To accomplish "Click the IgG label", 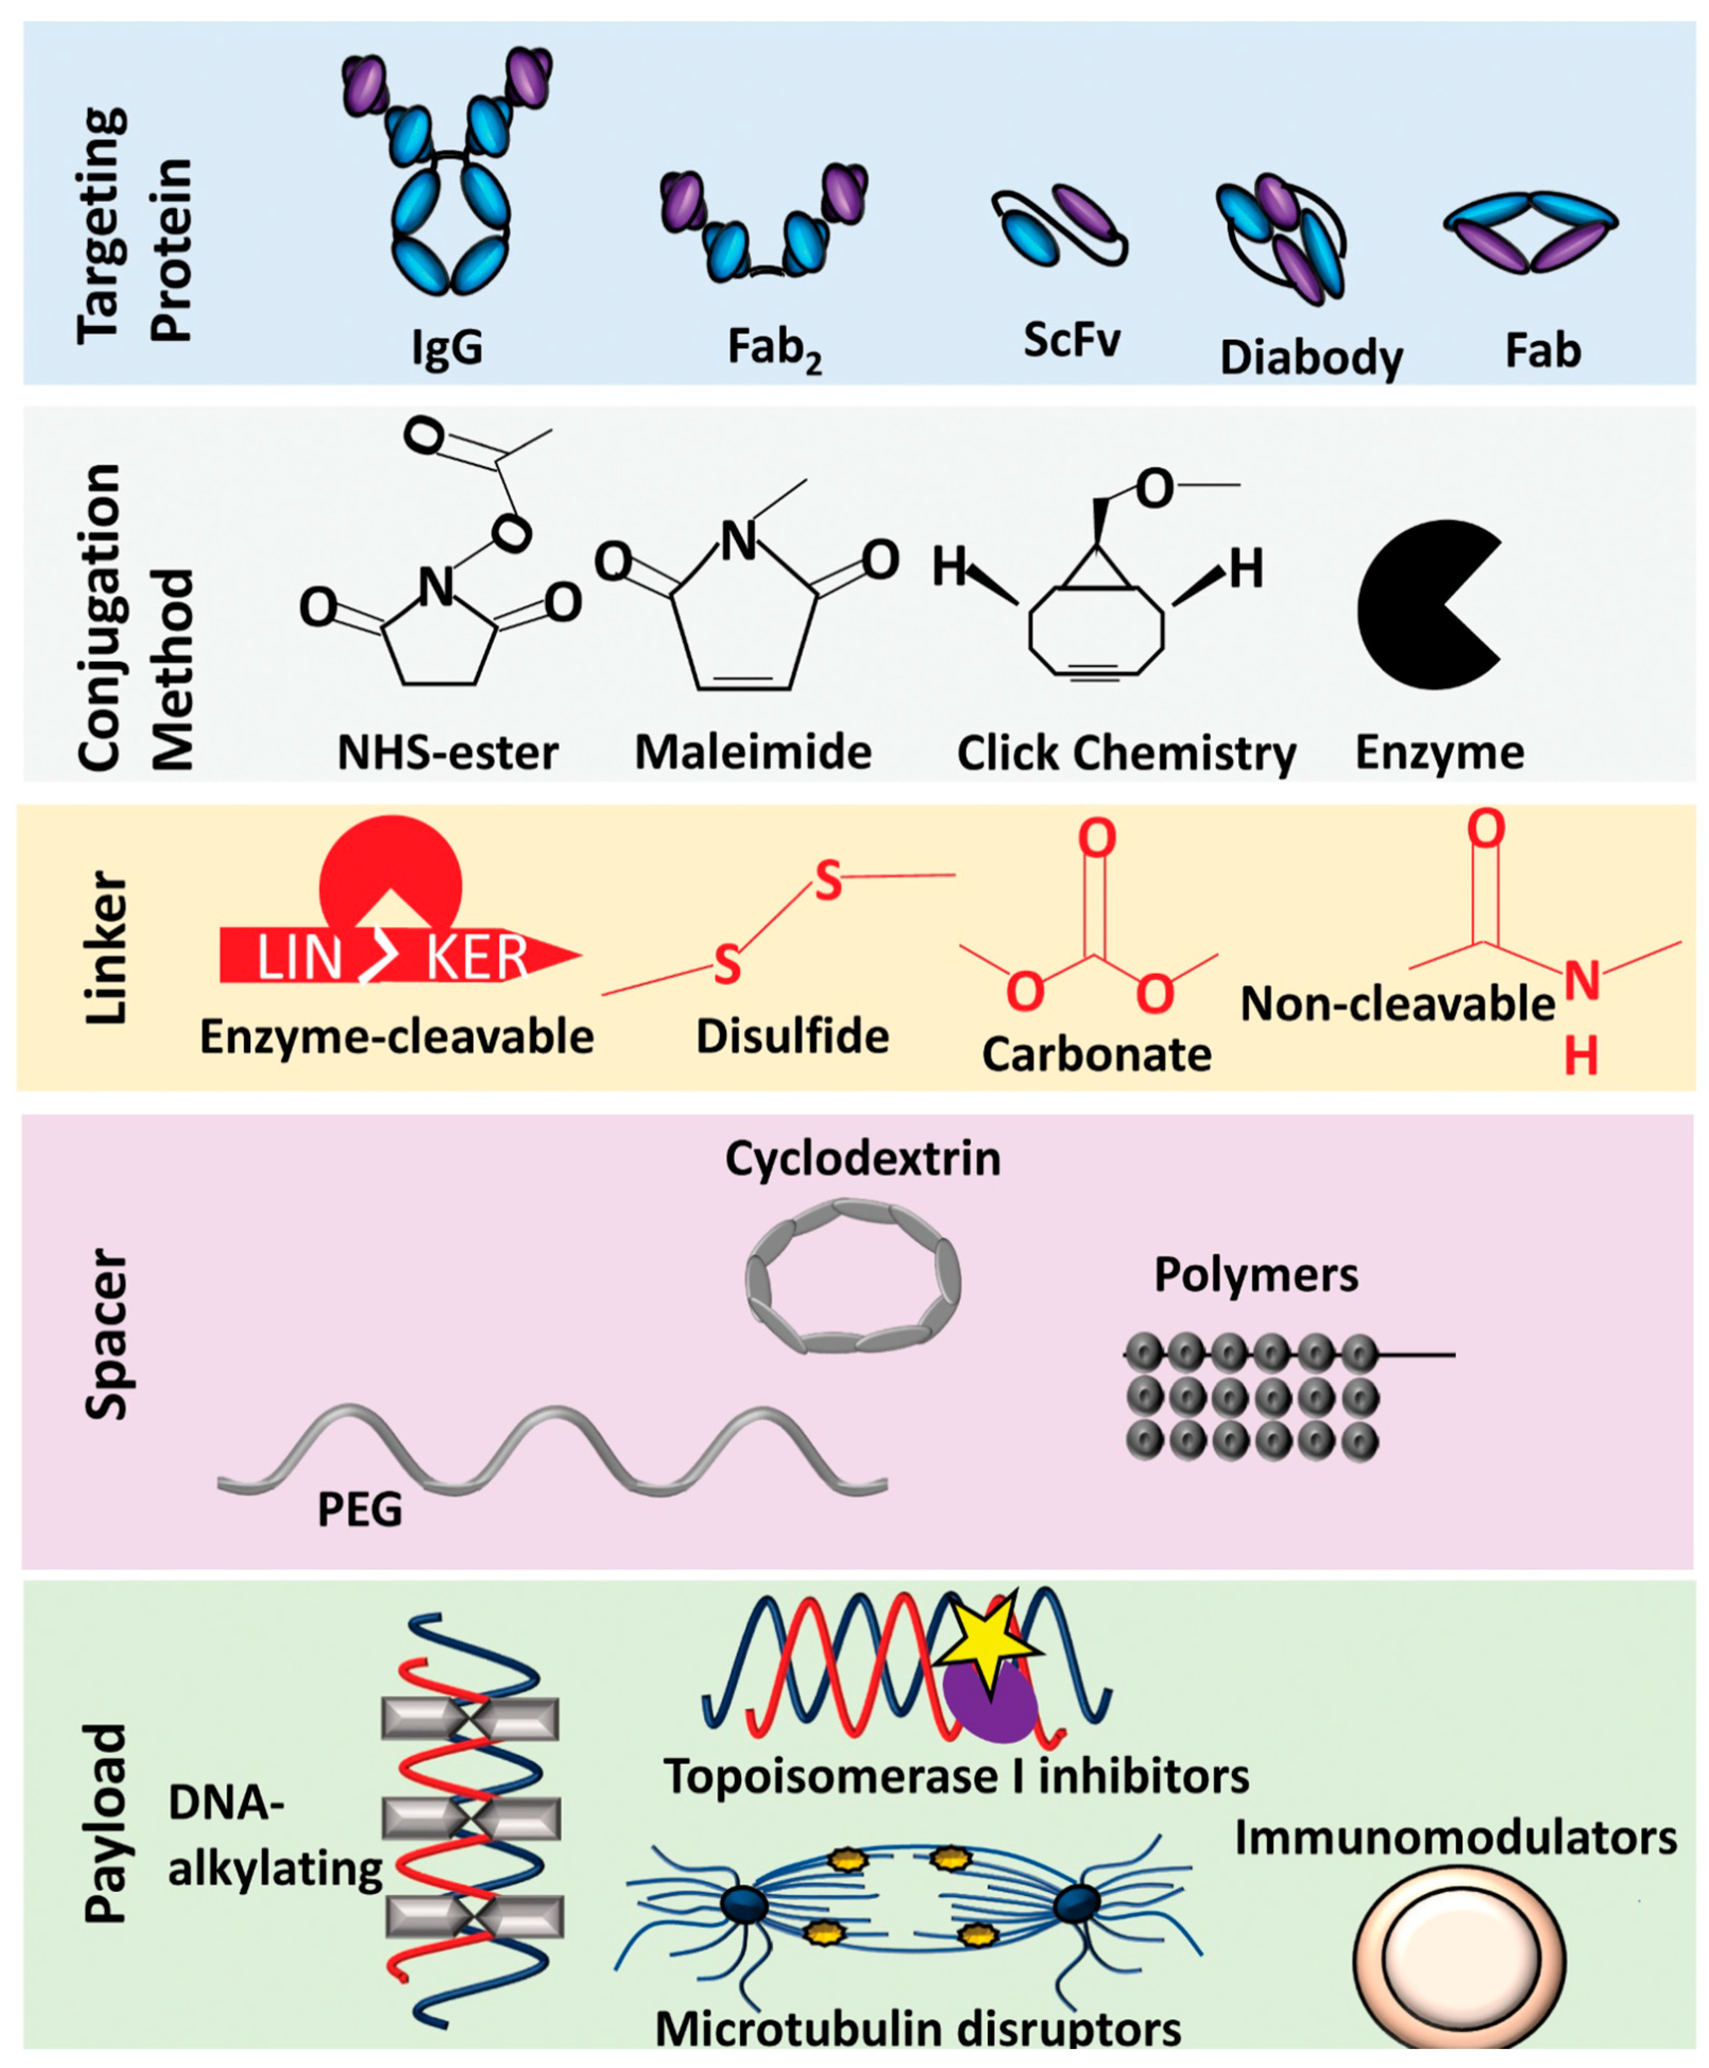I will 448,347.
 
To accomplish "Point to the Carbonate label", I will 1097,1054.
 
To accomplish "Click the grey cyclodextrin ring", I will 852,1276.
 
